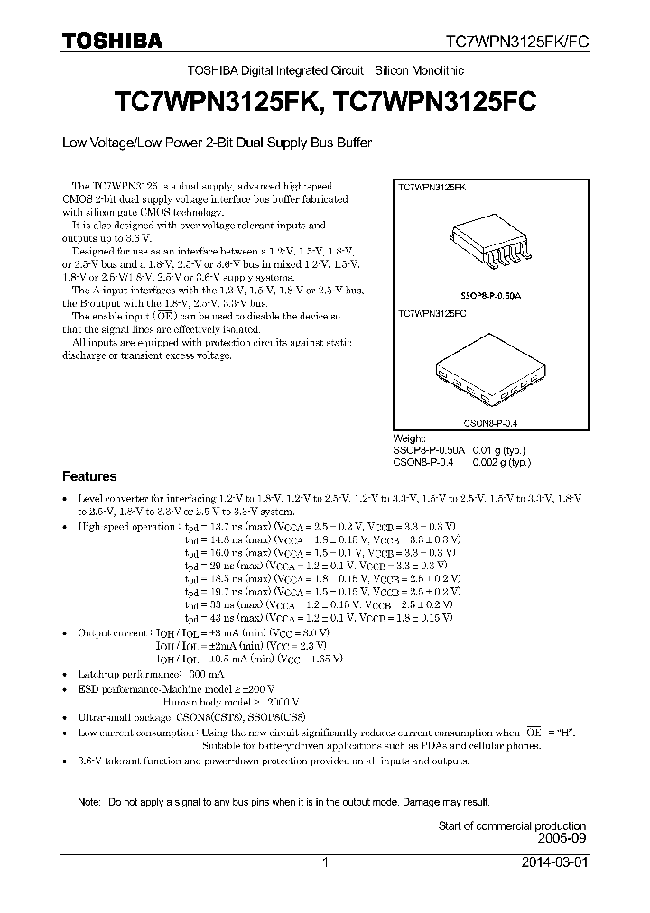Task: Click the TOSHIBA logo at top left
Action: pos(112,41)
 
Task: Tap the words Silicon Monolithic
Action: pos(420,70)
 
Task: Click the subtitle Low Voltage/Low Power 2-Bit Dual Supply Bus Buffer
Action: pos(217,143)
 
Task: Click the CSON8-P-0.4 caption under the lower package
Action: pos(490,420)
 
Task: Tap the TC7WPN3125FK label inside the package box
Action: pos(432,186)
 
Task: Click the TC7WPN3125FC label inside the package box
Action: pos(432,313)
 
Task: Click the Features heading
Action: pos(88,476)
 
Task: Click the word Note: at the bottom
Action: pos(89,801)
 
